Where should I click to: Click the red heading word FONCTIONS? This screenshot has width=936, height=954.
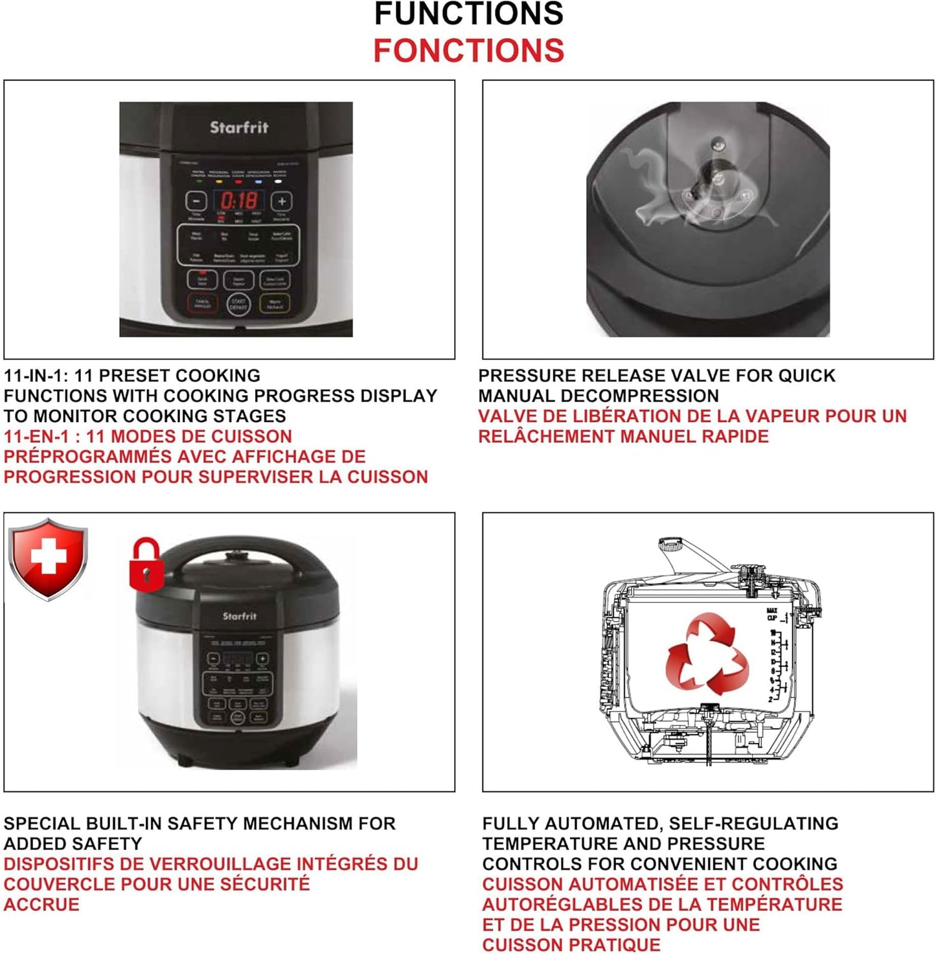pos(468,51)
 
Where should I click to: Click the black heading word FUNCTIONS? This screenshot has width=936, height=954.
pos(468,14)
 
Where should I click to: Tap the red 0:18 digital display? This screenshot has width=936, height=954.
pos(239,201)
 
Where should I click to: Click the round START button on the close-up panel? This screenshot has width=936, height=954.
pos(238,304)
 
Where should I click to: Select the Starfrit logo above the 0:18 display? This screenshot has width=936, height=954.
pos(239,128)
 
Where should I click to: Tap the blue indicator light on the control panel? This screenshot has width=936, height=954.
pos(258,182)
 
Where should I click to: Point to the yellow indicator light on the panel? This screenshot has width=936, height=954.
pos(219,182)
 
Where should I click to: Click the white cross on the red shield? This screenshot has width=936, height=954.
pos(49,557)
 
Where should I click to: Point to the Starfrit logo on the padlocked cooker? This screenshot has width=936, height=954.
pos(240,616)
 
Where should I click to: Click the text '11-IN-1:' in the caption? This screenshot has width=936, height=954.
pos(36,376)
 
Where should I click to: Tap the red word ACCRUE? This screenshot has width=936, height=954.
pos(41,904)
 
